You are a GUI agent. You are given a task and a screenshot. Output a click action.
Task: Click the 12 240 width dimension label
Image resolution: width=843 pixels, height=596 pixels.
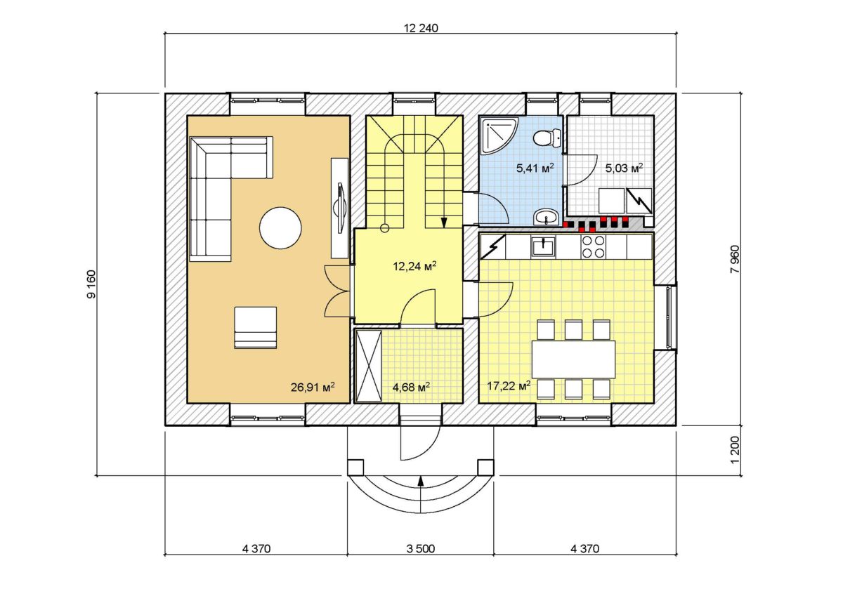[421, 28]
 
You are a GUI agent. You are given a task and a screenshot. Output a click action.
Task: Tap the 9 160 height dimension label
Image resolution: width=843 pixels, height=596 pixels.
[91, 284]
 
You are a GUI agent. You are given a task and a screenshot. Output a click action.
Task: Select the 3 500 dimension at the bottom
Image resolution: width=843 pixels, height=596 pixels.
[420, 549]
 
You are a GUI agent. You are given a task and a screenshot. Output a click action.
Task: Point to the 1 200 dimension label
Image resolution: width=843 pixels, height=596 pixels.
[734, 450]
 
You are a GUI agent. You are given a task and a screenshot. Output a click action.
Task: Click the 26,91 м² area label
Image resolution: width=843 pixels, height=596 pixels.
[313, 387]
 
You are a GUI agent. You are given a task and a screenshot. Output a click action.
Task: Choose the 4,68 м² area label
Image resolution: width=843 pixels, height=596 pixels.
[412, 387]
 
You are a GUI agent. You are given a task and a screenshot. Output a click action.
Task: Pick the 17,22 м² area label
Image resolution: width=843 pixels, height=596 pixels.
[509, 385]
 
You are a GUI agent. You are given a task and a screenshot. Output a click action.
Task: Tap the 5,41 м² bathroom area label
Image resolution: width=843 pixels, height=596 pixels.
[535, 168]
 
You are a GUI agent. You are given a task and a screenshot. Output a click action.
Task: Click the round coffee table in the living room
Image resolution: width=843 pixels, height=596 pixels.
[280, 228]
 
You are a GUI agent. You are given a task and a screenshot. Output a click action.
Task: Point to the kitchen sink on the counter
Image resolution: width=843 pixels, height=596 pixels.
[543, 246]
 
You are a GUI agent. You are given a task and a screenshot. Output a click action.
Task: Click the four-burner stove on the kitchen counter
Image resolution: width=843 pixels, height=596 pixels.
[594, 246]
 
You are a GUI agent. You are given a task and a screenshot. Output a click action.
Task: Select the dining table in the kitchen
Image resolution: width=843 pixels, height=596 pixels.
[573, 359]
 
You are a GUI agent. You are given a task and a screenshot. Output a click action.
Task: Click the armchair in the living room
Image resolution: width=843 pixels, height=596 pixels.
[256, 328]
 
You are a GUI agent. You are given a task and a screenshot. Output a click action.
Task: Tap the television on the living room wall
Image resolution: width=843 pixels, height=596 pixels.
[340, 208]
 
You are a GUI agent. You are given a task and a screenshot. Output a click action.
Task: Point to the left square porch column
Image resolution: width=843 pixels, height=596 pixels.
[355, 468]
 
